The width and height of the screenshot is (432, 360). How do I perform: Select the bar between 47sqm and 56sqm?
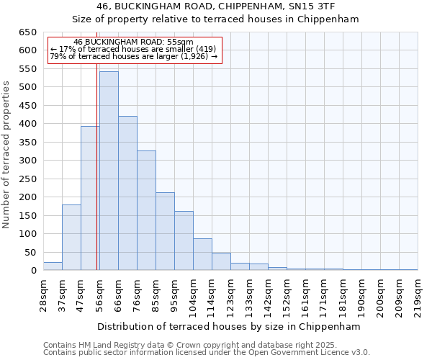90,198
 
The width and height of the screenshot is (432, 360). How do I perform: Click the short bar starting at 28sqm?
53,266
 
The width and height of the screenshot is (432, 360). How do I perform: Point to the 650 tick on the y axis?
27,32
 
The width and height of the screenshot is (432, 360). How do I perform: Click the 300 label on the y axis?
27,161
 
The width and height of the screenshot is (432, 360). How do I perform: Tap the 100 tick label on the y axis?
27,234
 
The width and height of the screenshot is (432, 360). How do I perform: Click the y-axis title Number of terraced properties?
6,155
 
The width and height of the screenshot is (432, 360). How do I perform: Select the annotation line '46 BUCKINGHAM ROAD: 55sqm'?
133,42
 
